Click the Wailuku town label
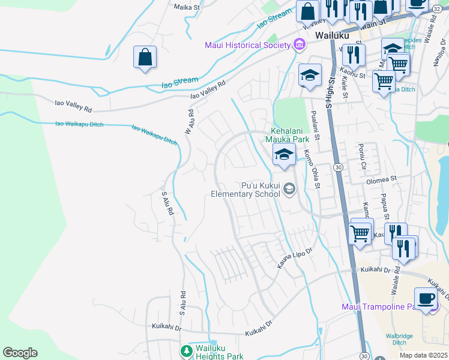click(330, 36)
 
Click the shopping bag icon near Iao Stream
click(145, 58)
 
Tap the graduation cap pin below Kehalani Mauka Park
click(284, 155)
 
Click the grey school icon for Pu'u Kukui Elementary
click(289, 190)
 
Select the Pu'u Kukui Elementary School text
click(245, 190)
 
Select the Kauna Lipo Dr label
click(295, 257)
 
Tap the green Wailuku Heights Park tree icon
click(187, 350)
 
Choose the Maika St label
click(186, 7)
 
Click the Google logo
click(20, 353)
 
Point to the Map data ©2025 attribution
click(424, 355)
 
